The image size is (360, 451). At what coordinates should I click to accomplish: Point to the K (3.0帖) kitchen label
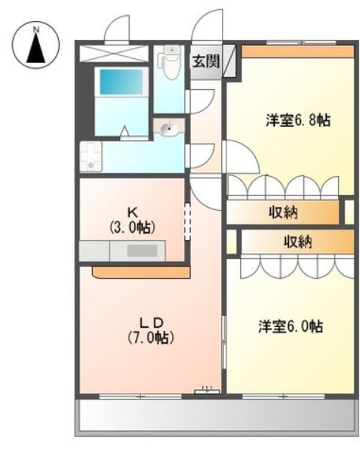click(x=134, y=220)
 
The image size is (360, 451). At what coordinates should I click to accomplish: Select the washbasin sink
click(x=168, y=130)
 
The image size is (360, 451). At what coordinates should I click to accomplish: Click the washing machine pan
click(x=91, y=156)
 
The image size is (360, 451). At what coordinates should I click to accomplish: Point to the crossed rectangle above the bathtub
click(x=115, y=53)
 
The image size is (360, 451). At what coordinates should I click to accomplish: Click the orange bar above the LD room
click(x=140, y=272)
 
